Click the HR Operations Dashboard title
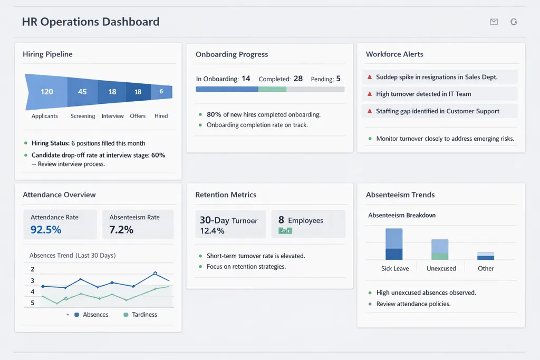click(x=91, y=22)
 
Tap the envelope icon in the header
click(x=494, y=22)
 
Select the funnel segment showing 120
click(x=46, y=92)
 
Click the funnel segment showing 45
click(x=82, y=92)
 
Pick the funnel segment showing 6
click(x=161, y=92)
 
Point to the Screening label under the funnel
click(x=83, y=116)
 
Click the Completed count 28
click(x=298, y=79)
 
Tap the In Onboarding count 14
click(x=246, y=79)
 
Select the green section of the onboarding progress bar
click(x=272, y=90)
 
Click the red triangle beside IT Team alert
click(x=370, y=94)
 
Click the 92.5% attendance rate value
click(x=46, y=230)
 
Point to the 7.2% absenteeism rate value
click(x=121, y=230)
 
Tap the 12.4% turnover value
click(x=212, y=231)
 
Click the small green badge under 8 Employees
click(x=285, y=231)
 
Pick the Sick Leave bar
click(x=394, y=244)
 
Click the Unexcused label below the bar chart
click(x=441, y=268)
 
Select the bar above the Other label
click(x=486, y=256)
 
